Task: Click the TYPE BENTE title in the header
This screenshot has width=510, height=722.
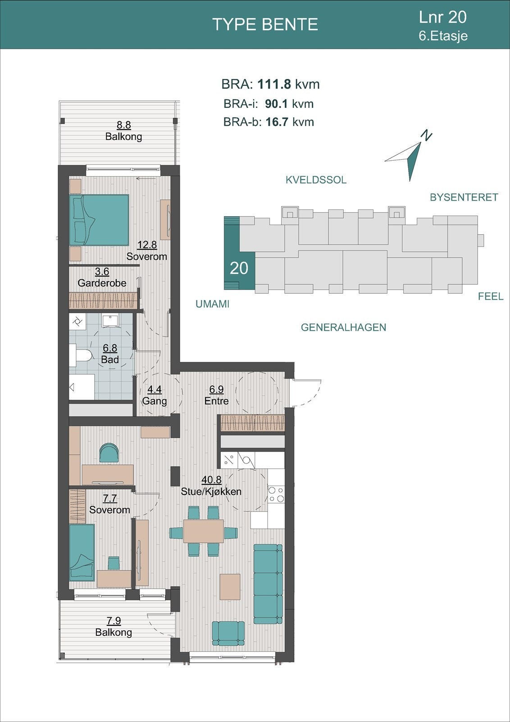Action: point(265,24)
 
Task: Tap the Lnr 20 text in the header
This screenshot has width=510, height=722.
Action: point(442,17)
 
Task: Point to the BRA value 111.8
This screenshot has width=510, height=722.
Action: point(275,84)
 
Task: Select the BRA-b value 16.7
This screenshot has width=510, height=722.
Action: point(276,122)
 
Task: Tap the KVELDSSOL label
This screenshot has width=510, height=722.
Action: point(316,180)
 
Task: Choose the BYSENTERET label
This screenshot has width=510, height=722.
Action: point(464,197)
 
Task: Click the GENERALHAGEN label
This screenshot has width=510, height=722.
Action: point(343,328)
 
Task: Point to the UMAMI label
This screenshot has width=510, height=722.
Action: point(212,304)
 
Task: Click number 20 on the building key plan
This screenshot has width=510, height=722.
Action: point(239,268)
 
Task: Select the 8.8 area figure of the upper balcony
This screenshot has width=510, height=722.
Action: point(123,125)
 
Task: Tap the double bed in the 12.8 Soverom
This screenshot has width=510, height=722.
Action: point(99,220)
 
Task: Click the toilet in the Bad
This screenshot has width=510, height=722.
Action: point(80,355)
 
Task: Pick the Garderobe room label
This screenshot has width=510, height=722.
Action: point(102,283)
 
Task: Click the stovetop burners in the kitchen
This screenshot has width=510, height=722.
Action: point(276,494)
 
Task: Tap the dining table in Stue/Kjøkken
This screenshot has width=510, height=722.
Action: point(203,531)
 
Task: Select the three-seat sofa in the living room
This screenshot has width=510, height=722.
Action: point(268,584)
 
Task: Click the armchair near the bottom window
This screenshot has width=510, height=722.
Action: point(228,633)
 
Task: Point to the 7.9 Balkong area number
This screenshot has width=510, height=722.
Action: point(114,620)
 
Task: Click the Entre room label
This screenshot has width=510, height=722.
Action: point(217,401)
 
